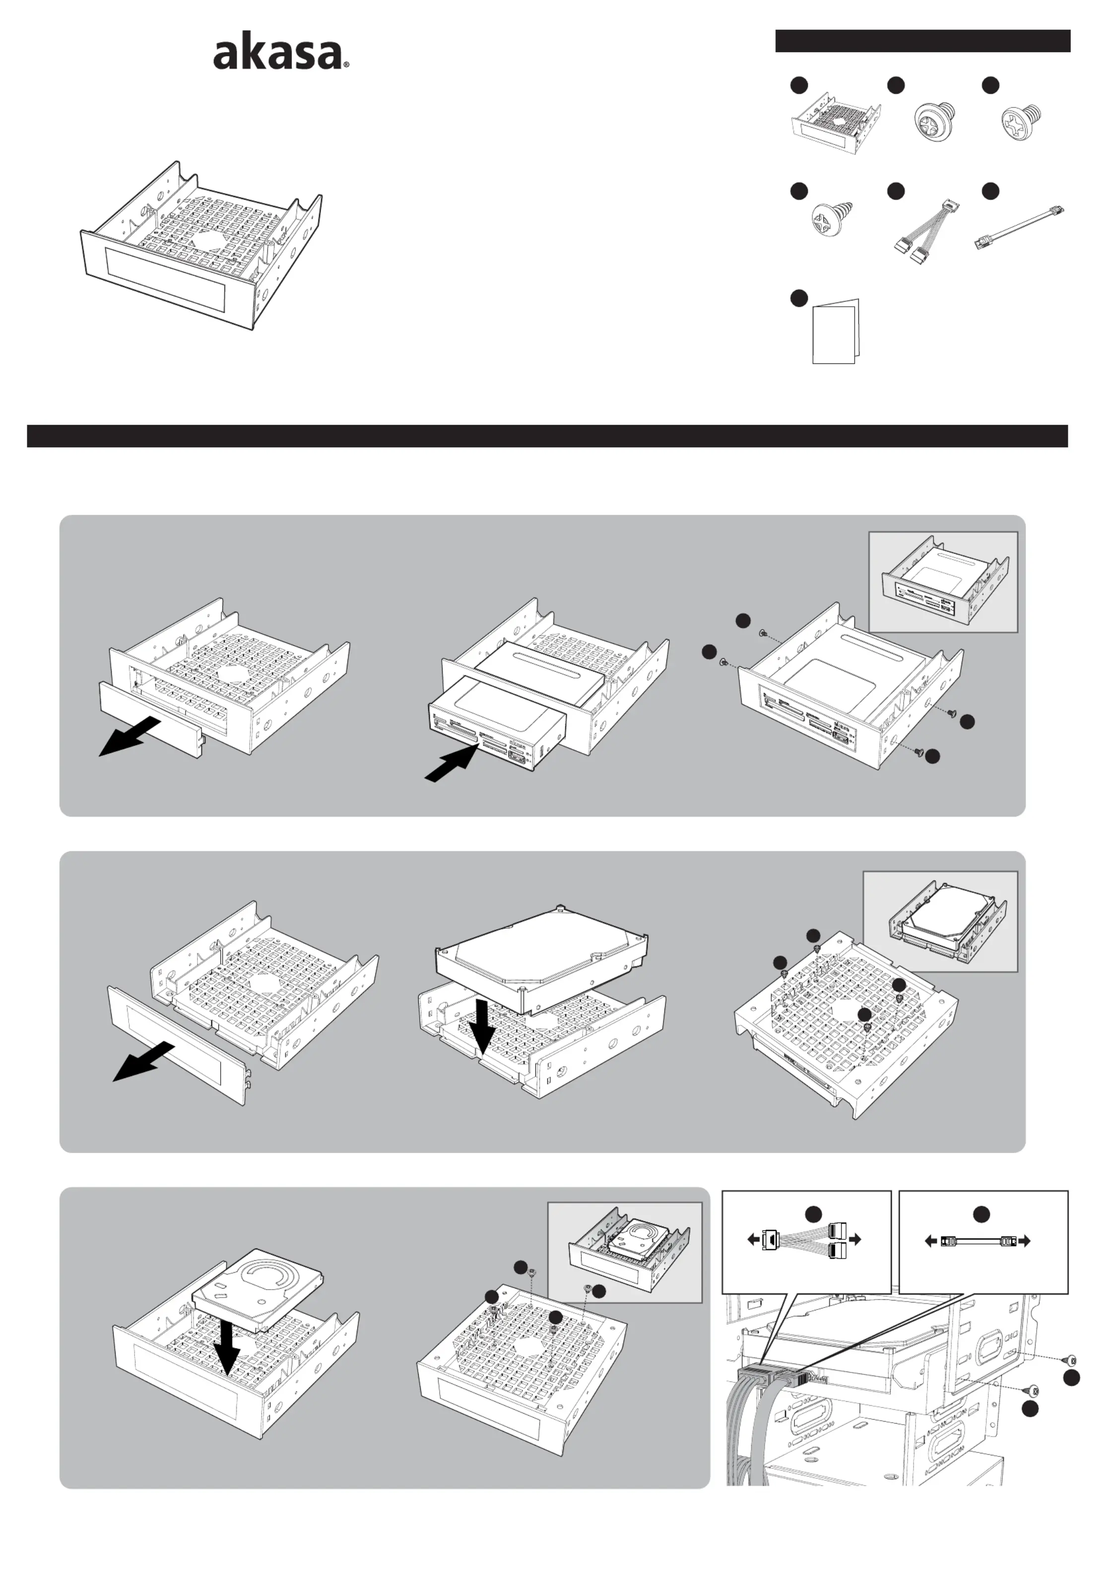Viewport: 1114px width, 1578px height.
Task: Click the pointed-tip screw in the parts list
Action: click(832, 220)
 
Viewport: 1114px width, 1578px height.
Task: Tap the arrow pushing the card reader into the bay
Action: click(452, 762)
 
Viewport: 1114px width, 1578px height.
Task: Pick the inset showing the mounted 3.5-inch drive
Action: click(940, 922)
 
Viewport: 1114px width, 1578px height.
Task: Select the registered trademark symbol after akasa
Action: click(346, 66)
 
